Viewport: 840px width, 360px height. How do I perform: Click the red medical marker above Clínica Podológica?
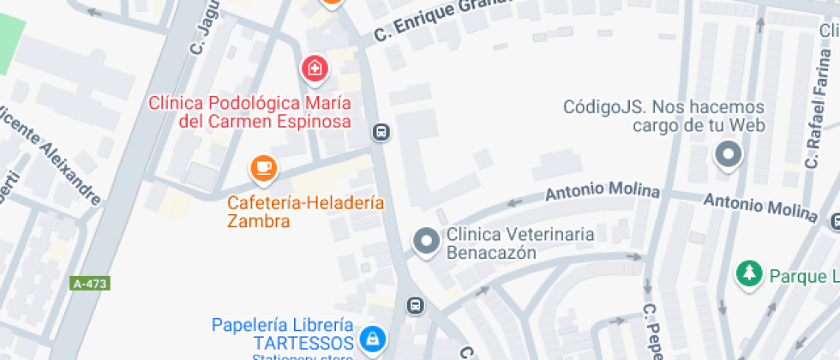pyautogui.click(x=315, y=69)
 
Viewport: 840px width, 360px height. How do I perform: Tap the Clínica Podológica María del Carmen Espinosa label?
pyautogui.click(x=250, y=112)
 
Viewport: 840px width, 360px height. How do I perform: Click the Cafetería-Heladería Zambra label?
pyautogui.click(x=305, y=212)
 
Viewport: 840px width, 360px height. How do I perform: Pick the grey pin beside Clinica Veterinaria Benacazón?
pyautogui.click(x=426, y=243)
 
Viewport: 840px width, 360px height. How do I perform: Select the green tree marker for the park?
pyautogui.click(x=750, y=274)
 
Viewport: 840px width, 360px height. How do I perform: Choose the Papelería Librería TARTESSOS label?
pyautogui.click(x=283, y=334)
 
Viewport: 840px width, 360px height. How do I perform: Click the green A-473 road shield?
pyautogui.click(x=91, y=283)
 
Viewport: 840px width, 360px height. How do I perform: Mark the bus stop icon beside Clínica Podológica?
pyautogui.click(x=381, y=132)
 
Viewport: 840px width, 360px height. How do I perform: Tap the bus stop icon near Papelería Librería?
pyautogui.click(x=415, y=305)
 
